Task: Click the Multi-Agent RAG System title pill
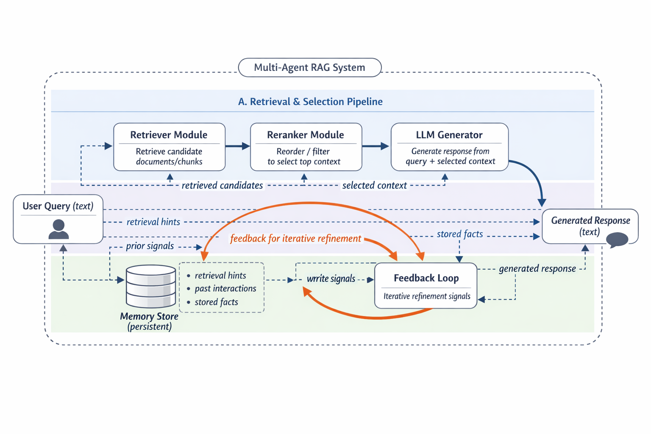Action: (x=310, y=67)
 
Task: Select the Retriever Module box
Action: (x=169, y=147)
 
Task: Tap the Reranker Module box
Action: (x=306, y=147)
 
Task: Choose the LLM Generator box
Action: (x=449, y=147)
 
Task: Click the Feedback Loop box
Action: (x=426, y=285)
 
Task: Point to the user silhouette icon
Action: (x=58, y=229)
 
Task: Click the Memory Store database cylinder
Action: (x=151, y=286)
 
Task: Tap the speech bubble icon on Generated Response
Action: (x=617, y=239)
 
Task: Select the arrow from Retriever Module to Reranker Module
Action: (x=237, y=146)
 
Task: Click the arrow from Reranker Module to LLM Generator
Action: (x=376, y=146)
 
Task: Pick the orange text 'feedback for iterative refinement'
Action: (x=295, y=239)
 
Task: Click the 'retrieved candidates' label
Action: (x=222, y=186)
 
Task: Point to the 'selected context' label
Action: (x=374, y=186)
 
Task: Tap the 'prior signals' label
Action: (x=150, y=246)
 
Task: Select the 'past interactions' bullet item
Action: (x=225, y=289)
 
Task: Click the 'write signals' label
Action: (x=331, y=279)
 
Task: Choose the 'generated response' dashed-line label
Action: (x=537, y=269)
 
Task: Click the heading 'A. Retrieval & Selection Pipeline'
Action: (x=310, y=102)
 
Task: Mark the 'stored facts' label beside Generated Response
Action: (x=459, y=234)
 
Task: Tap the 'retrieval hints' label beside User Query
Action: (x=153, y=222)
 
